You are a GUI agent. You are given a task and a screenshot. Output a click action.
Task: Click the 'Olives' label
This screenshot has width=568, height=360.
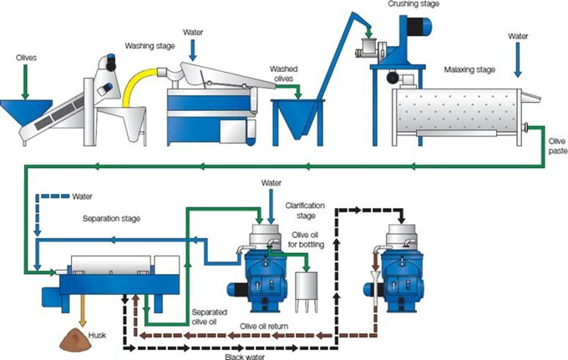coord(26,58)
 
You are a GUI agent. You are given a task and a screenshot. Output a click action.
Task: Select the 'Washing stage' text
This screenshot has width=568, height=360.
coord(150,46)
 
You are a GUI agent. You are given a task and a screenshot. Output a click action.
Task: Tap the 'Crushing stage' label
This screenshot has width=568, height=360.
coord(413,4)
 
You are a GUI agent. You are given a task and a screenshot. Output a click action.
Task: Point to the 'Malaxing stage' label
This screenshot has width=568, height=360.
coord(469,69)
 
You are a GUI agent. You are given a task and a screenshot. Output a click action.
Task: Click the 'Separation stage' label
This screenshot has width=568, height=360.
coord(111,219)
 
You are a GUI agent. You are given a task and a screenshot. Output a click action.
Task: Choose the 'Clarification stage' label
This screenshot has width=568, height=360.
coord(305,210)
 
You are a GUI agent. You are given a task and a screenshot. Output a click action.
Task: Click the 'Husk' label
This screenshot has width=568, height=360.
coord(97,336)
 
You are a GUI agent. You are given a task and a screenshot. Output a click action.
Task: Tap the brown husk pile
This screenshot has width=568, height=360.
coord(75,340)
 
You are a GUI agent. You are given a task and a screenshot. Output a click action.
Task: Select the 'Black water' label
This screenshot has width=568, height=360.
coord(245,357)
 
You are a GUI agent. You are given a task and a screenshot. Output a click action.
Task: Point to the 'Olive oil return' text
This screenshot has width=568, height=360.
coord(264,327)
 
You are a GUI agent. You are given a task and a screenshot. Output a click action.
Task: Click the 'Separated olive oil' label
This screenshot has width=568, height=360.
coord(210,317)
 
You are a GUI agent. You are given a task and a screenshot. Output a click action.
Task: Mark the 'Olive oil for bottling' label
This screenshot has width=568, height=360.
coord(306,240)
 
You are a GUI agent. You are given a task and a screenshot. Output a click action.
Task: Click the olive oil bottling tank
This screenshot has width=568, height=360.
coord(307,292)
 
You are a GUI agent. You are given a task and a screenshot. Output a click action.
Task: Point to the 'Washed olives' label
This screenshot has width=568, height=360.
coord(284,74)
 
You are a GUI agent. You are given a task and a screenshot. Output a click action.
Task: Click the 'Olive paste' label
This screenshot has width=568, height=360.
coord(557,146)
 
